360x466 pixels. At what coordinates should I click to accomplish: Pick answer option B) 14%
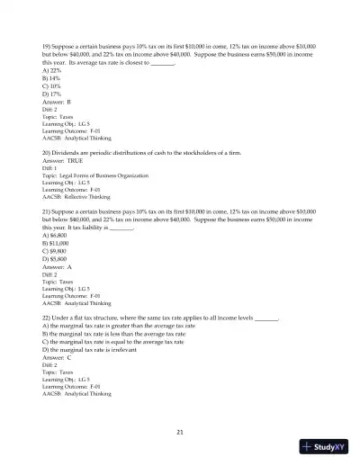(54, 77)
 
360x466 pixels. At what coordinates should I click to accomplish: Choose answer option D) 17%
(54, 94)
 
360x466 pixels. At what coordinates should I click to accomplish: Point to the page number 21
(180, 433)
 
